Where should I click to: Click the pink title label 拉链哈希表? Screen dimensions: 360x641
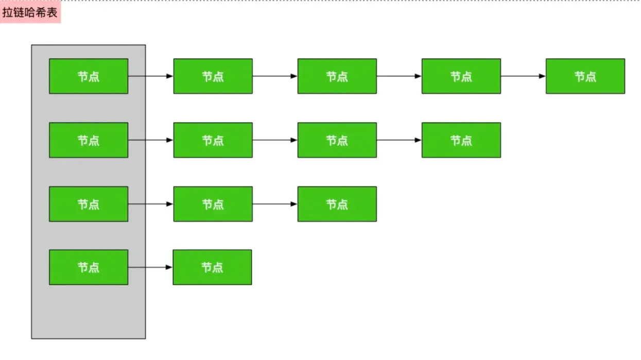click(30, 13)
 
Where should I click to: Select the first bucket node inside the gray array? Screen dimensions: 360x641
click(89, 76)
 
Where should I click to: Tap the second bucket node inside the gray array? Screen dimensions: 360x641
click(89, 140)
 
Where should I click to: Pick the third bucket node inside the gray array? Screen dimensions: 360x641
click(89, 204)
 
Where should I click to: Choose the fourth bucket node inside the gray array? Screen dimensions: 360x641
click(89, 267)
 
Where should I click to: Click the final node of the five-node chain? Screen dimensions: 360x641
click(585, 76)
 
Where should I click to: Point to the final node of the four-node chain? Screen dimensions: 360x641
click(461, 140)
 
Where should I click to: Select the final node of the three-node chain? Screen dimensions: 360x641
click(337, 204)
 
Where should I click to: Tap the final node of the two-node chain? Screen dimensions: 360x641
click(212, 267)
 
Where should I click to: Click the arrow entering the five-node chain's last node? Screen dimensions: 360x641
click(523, 76)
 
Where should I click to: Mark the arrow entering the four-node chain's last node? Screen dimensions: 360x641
click(399, 140)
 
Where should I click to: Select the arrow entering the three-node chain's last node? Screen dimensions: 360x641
click(275, 204)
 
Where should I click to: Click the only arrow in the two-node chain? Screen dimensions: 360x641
click(150, 267)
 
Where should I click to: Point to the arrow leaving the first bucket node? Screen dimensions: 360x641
click(150, 76)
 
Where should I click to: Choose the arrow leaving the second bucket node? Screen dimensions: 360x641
click(150, 140)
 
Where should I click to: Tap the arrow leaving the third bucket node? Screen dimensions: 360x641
click(150, 204)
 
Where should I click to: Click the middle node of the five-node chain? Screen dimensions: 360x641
click(337, 76)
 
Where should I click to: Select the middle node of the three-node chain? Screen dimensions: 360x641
click(213, 204)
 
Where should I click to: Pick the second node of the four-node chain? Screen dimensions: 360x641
click(213, 140)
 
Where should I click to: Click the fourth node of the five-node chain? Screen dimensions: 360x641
click(461, 76)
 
